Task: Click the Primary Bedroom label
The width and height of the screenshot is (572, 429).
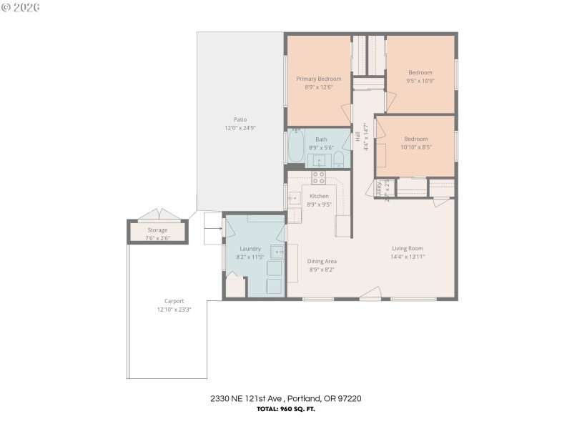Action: tap(319, 79)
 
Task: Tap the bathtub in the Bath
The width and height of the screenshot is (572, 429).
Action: tap(296, 147)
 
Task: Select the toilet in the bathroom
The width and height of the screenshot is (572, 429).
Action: tap(339, 159)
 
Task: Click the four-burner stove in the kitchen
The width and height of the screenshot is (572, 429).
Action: tap(319, 177)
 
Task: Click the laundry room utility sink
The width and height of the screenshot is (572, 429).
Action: tap(276, 252)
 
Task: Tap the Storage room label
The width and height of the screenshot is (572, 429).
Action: tap(157, 230)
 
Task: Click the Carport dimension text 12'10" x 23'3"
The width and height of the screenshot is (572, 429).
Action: tap(174, 310)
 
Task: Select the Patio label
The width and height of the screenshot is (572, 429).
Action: tap(240, 119)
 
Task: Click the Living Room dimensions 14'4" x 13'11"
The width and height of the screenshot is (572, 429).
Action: tap(408, 257)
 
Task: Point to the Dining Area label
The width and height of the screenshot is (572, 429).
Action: tap(322, 261)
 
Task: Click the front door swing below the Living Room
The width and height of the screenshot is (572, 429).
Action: tap(370, 293)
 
